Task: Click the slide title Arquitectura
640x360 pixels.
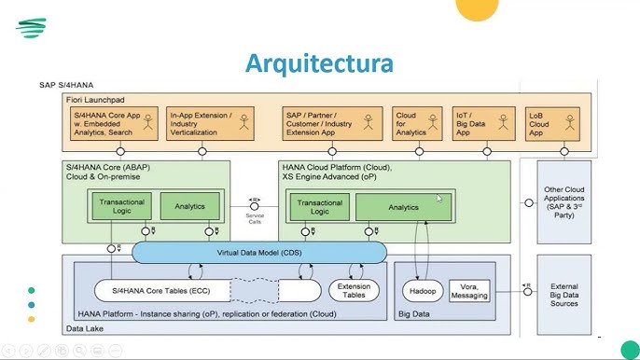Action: coord(319,63)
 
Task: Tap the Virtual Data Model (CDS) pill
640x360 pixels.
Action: coord(258,252)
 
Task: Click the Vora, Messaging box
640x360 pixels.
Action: coord(469,290)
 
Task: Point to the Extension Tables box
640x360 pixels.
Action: coord(354,290)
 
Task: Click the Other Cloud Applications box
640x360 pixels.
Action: coord(563,200)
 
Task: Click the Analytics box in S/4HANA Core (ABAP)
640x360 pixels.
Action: coord(189,206)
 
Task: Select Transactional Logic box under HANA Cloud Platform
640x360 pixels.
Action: coord(318,206)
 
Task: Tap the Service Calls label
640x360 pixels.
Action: coord(255,217)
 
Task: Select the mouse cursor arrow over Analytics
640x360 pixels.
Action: coord(439,198)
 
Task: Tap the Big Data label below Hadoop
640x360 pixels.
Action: coord(415,314)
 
